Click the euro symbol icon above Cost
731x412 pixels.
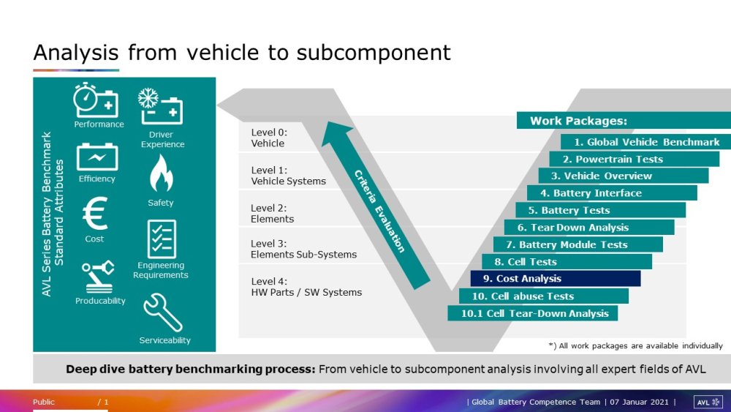point(96,213)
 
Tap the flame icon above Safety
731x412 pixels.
point(161,173)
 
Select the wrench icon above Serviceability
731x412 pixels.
point(163,312)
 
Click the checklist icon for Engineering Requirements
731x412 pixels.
point(162,239)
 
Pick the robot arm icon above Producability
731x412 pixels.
point(99,277)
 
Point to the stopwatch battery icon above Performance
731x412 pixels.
point(96,100)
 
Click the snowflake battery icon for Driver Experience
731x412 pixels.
point(160,106)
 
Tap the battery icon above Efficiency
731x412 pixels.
point(97,157)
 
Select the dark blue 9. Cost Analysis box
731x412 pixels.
point(556,279)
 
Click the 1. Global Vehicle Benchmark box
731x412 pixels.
point(645,142)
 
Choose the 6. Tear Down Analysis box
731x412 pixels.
point(589,228)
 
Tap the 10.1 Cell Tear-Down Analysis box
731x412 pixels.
point(532,313)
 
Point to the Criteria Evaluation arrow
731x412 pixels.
point(376,206)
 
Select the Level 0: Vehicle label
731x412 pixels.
point(269,138)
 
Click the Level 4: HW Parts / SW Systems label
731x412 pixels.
point(306,287)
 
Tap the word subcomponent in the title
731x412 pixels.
point(374,53)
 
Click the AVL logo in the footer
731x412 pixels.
point(708,402)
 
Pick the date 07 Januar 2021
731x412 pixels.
point(639,402)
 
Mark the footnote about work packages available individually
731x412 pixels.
point(635,345)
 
